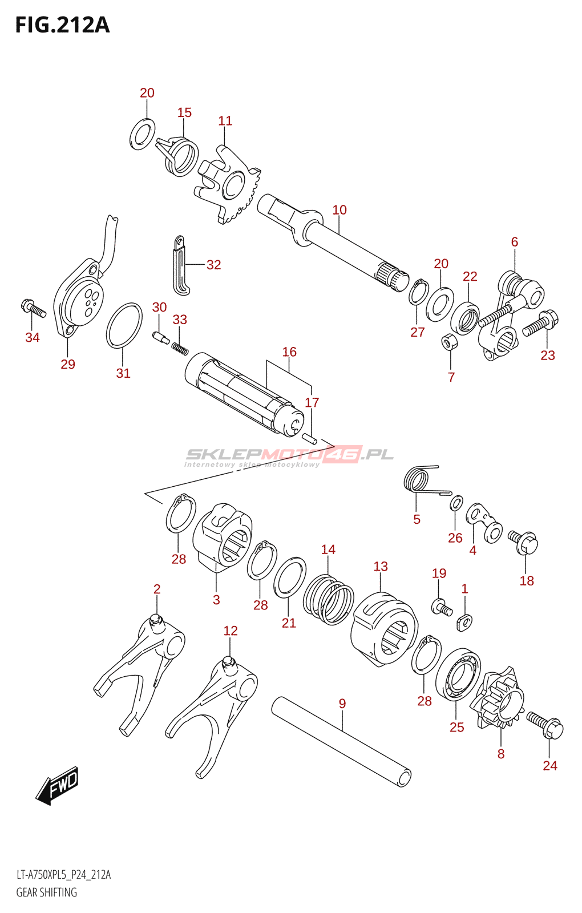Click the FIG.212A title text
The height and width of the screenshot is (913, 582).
point(62,25)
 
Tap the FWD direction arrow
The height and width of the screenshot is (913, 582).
point(57,786)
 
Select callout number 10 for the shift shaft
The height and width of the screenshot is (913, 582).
point(339,210)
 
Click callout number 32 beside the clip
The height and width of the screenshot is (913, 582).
point(213,265)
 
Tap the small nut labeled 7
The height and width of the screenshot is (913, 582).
point(448,342)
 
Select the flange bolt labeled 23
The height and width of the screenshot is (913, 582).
point(541,323)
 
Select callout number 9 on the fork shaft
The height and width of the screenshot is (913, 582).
point(342,704)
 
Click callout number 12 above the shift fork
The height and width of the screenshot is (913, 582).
point(231,631)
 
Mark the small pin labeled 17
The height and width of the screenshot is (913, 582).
point(310,438)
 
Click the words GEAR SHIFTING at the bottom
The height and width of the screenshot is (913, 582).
point(46,892)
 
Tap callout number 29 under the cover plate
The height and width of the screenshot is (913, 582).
point(68,364)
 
